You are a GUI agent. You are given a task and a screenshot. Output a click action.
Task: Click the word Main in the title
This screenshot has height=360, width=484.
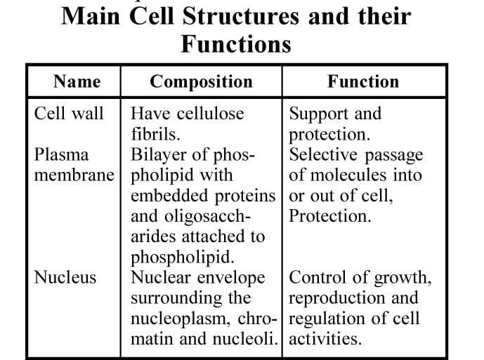91,16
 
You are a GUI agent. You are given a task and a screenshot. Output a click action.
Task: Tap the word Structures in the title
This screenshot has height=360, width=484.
241,16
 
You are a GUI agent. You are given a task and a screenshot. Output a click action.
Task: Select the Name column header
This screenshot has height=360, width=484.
77,81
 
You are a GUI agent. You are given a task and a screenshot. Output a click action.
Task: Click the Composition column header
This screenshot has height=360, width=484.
201,82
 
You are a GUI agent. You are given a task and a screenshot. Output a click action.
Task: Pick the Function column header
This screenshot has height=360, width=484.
363,81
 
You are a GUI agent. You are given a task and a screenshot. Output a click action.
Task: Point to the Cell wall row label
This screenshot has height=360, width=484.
69,113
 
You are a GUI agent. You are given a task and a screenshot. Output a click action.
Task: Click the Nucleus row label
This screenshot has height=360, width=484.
65,277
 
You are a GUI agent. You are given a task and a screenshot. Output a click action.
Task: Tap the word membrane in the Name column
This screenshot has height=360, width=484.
74,175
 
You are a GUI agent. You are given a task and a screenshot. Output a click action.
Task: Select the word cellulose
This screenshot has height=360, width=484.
211,113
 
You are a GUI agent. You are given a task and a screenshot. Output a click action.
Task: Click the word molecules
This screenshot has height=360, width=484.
348,175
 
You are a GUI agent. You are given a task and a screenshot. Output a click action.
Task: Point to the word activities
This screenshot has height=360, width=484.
325,339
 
